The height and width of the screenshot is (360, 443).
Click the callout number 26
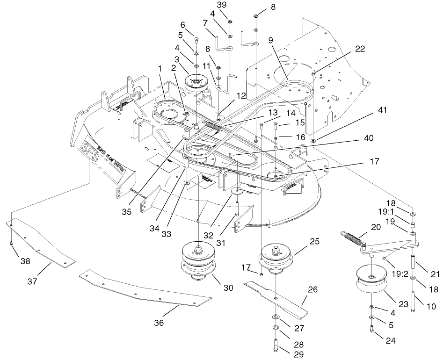tap(312, 290)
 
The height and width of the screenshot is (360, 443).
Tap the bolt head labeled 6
tap(196, 39)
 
